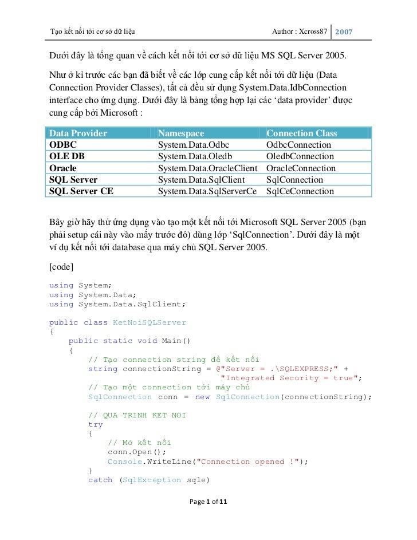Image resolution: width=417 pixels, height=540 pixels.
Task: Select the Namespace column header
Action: point(180,133)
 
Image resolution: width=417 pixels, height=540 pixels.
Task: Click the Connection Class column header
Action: point(301,133)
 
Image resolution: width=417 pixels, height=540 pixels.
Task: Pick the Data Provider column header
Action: point(78,133)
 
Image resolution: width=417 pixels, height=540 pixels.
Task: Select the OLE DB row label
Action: point(66,156)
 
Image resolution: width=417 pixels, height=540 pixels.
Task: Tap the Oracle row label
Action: point(62,168)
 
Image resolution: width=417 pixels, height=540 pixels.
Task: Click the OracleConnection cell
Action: point(301,168)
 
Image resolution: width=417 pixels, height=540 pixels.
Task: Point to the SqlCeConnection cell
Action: point(300,191)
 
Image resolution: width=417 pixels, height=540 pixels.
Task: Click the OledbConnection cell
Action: point(300,156)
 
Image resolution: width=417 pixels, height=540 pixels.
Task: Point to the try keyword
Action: point(95,424)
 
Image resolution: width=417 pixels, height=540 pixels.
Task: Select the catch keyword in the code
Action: point(100,480)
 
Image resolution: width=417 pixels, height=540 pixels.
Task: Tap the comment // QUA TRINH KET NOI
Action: point(137,415)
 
